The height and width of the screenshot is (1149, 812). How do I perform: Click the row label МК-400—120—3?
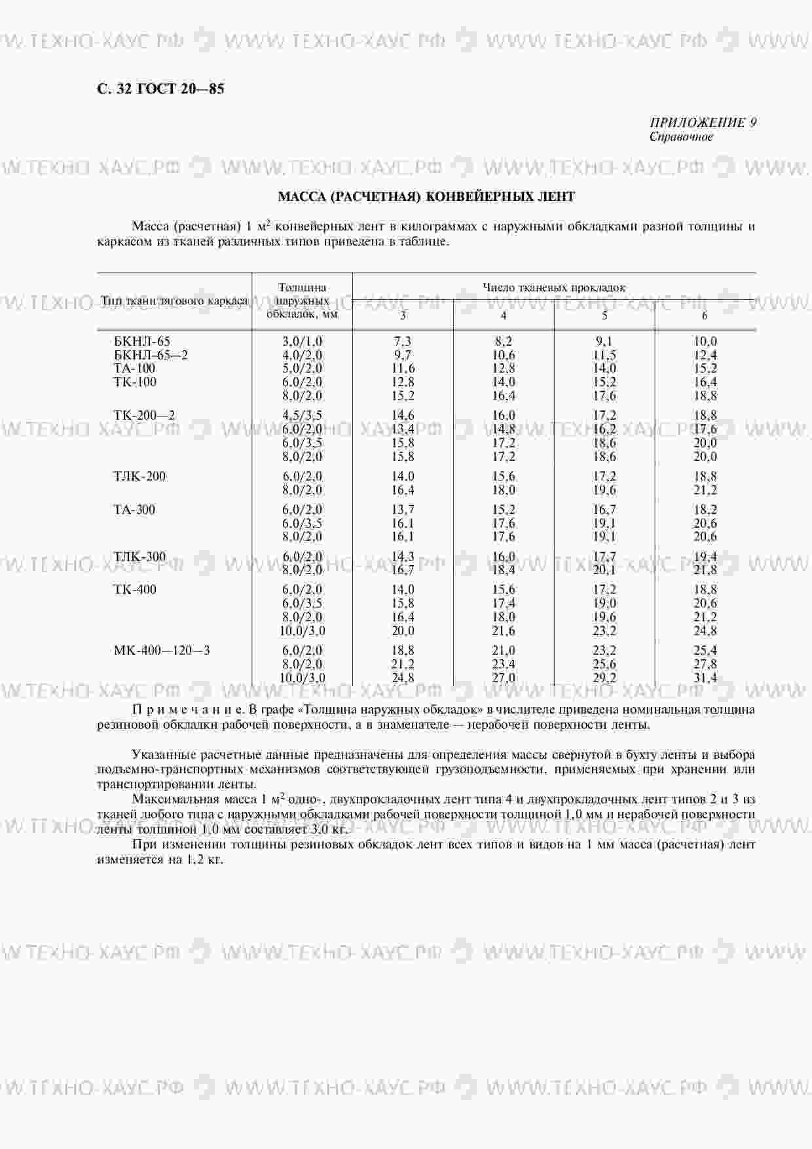pos(161,650)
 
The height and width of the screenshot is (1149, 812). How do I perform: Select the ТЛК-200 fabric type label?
pos(139,476)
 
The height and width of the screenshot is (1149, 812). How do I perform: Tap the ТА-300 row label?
pos(134,509)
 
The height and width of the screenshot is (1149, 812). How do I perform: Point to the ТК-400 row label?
pos(135,589)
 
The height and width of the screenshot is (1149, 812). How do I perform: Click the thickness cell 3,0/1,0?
pos(302,341)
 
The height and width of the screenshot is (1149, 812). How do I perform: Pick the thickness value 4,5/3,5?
pos(302,415)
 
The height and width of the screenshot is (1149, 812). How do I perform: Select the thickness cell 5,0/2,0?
pos(302,368)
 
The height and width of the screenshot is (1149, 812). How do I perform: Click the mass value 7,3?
pos(403,341)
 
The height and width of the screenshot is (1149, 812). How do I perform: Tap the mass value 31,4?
pos(705,678)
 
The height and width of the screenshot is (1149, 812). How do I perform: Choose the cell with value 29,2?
pos(604,678)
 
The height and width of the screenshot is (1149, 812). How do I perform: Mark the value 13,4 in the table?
pos(403,429)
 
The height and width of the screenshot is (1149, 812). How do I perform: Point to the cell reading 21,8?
pos(705,570)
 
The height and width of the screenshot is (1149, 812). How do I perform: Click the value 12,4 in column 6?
pos(705,355)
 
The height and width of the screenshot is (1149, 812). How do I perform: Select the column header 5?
pos(604,316)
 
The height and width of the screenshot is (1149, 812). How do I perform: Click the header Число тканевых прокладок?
pos(554,287)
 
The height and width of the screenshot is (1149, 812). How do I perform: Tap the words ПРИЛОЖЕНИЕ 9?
pos(703,122)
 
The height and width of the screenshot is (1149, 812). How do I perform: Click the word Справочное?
pos(681,137)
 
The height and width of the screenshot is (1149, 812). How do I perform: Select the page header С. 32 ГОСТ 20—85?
pos(160,88)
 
